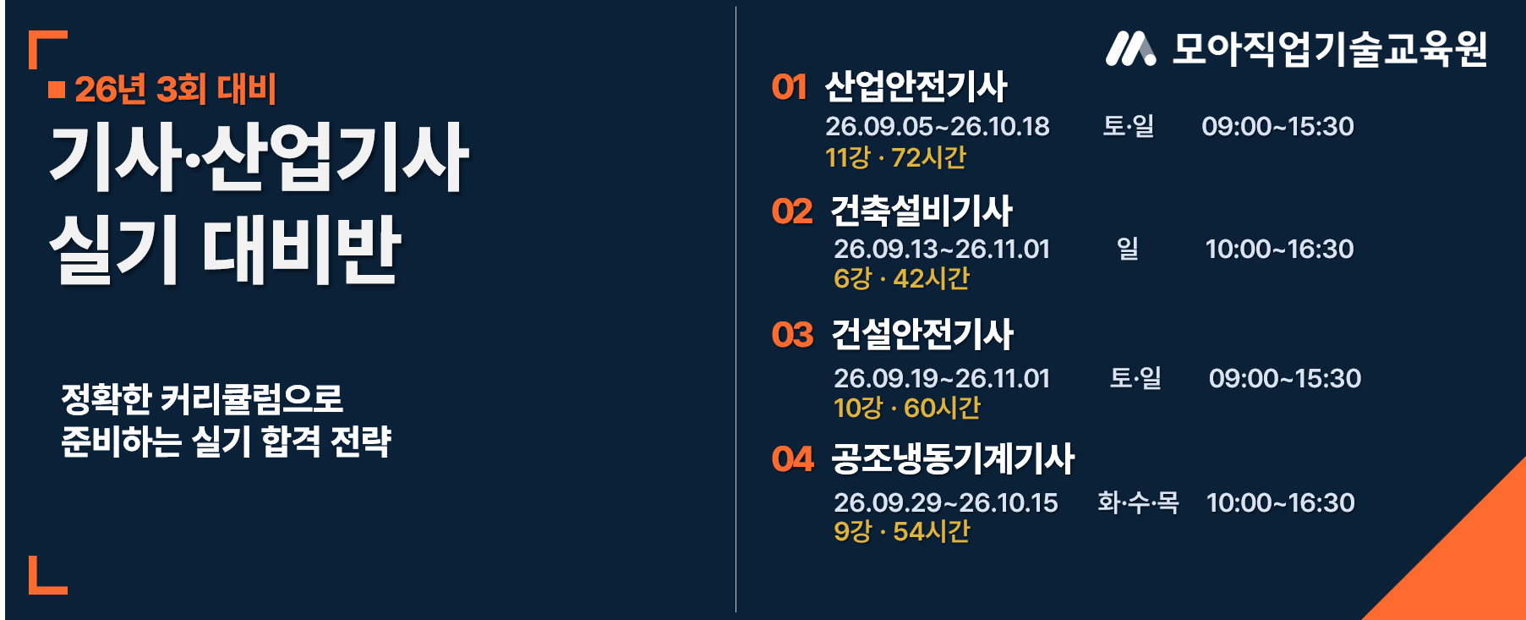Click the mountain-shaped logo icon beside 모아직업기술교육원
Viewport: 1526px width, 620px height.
pos(1130,49)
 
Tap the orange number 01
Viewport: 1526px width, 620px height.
pos(789,87)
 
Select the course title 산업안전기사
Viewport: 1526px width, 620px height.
pos(916,86)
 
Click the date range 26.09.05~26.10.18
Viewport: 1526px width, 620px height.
pos(937,126)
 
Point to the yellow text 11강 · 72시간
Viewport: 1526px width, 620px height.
pos(895,157)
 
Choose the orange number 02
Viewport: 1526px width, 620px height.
pos(791,211)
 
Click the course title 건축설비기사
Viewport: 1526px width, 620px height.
pos(922,211)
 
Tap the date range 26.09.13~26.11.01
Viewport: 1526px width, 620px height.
pos(941,249)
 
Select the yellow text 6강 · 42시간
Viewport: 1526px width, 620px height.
pos(901,278)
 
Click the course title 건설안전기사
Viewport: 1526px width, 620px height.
pos(922,334)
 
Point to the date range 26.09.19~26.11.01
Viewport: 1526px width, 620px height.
pos(941,378)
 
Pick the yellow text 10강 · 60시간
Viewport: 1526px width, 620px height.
pos(907,408)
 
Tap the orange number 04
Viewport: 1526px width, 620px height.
pos(792,459)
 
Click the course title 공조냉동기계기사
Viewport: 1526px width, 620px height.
pos(953,458)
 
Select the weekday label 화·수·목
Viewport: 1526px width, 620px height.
pos(1138,502)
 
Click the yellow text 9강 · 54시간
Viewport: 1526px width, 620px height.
pos(901,531)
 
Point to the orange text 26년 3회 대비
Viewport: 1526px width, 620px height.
pos(175,90)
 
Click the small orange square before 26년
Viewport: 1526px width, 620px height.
pos(57,90)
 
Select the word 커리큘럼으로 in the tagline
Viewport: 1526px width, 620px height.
pos(251,398)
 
